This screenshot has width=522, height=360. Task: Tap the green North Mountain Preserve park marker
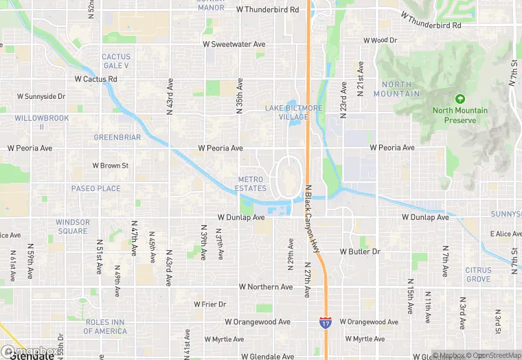point(459,99)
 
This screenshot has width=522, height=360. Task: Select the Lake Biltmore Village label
point(287,113)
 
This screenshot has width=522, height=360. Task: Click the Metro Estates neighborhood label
point(251,184)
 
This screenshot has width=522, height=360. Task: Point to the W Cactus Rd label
point(95,79)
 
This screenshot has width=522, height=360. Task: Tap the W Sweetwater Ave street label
point(234,44)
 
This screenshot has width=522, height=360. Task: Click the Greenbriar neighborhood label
point(117,137)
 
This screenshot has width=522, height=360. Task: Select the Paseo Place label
point(95,188)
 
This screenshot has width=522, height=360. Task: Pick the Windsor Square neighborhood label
point(72,227)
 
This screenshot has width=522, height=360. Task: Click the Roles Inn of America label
point(105,326)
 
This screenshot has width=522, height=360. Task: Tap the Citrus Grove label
point(478,275)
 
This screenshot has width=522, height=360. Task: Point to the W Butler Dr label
point(360,252)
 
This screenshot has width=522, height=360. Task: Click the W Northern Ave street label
point(265,287)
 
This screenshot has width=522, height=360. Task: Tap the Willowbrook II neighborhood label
point(32,122)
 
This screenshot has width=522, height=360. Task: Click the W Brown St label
point(110,166)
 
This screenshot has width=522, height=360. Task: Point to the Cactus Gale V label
point(115,61)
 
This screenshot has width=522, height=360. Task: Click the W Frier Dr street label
point(210,304)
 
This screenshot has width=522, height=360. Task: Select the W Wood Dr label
point(379,41)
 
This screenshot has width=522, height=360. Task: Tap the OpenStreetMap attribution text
point(495,355)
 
